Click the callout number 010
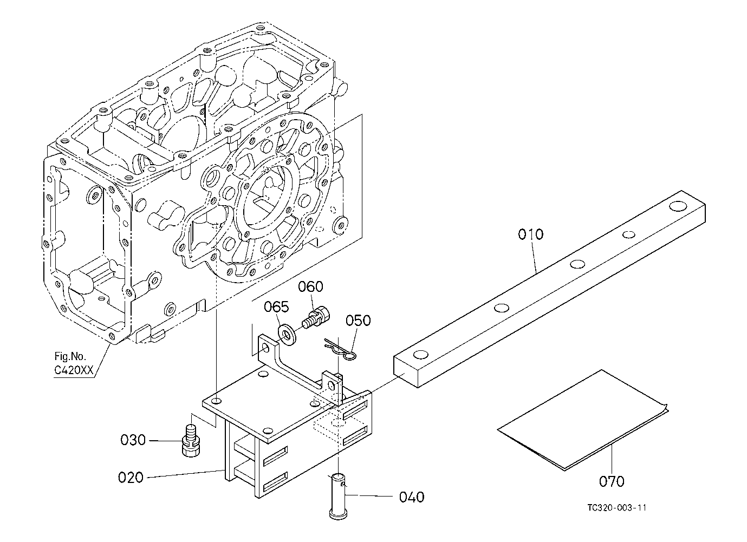[x=530, y=234]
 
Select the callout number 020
[x=131, y=478]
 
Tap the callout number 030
[x=133, y=440]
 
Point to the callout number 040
[x=412, y=497]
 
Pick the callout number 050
[x=358, y=321]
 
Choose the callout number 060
[x=310, y=286]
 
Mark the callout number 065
[x=276, y=307]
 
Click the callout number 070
[x=612, y=481]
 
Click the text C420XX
[x=74, y=371]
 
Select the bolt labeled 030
[x=191, y=440]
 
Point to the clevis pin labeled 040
[x=338, y=497]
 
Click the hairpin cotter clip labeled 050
[x=340, y=349]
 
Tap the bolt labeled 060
[x=316, y=317]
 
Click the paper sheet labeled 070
[x=583, y=420]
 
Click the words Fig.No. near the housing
[x=70, y=356]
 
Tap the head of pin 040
[x=338, y=514]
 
